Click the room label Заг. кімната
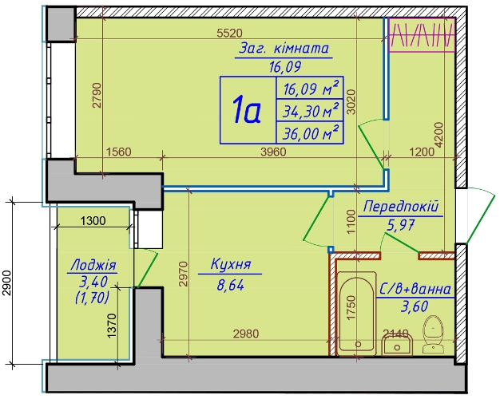coord(284,49)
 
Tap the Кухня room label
coord(231,264)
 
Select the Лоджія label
coord(93,265)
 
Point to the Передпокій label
coord(401,207)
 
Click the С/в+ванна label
coord(415,289)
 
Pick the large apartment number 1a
coord(247,110)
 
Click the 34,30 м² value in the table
coord(311,110)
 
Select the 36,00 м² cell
coord(311,132)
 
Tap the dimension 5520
coord(229,34)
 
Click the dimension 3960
coord(273,152)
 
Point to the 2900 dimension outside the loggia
coord(7,283)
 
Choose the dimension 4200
coord(438,135)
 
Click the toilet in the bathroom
coord(434,334)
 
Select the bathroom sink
coord(397,344)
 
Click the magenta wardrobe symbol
coord(422,35)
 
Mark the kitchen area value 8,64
coord(230,285)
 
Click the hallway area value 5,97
coord(400,226)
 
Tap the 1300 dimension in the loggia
coord(93,220)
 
